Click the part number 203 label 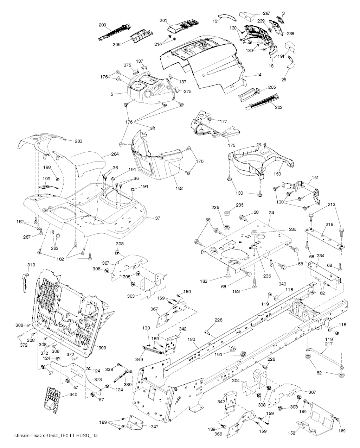point(102,25)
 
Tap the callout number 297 point(266,13)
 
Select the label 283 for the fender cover point(78,141)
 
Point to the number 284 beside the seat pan point(115,154)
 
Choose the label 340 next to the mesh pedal point(73,395)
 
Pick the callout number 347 point(154,427)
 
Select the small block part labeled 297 point(247,15)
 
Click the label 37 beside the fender point(157,218)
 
